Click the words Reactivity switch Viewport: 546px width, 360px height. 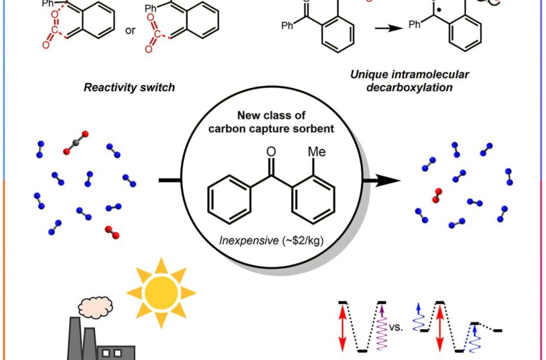click(x=129, y=87)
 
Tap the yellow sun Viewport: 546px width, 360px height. click(x=161, y=292)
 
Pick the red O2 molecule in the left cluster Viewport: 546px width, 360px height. click(x=110, y=230)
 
